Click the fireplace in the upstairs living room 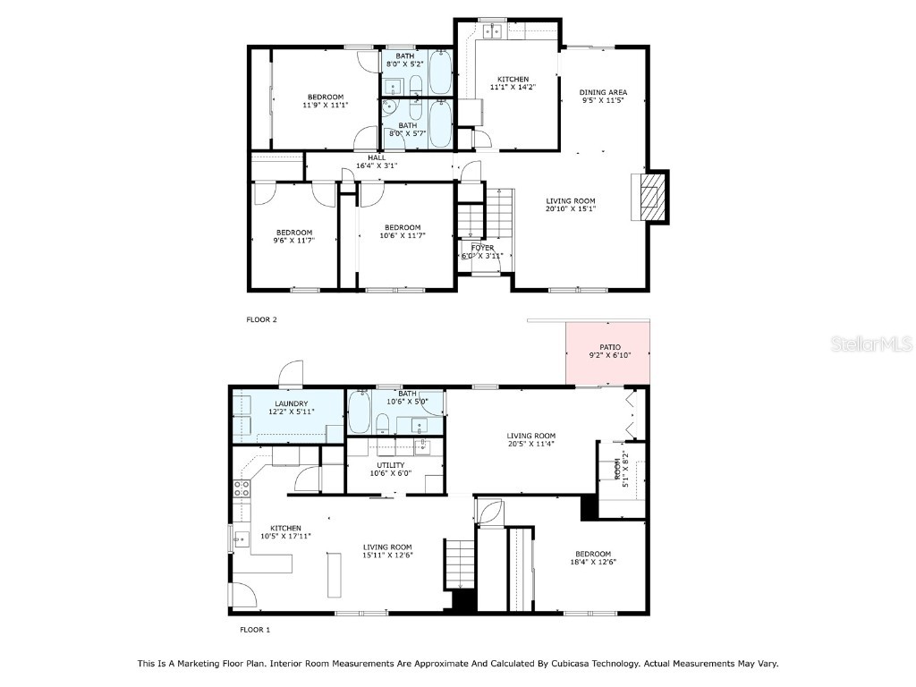click(650, 197)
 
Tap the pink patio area click(608, 352)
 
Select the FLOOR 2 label click(261, 319)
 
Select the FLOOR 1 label click(254, 630)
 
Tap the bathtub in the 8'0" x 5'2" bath click(440, 74)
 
